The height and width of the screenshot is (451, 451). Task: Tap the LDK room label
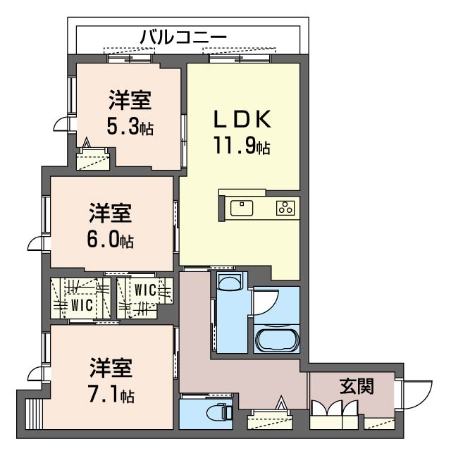(x=242, y=120)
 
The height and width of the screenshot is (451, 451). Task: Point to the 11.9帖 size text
(x=242, y=147)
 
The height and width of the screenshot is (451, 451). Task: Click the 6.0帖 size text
(x=110, y=240)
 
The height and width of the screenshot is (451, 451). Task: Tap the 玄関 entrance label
(x=356, y=385)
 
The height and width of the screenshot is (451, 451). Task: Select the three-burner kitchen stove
(x=285, y=207)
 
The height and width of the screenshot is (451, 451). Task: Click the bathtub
(x=276, y=339)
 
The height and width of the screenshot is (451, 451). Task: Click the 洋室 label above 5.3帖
(x=130, y=101)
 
